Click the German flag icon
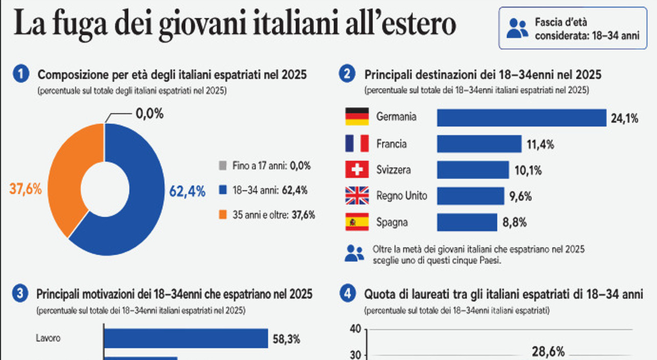(357, 117)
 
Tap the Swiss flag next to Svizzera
(357, 169)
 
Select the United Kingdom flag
(357, 195)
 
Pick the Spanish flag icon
(357, 222)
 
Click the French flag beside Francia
(357, 143)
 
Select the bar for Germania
(522, 118)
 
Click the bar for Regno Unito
(471, 196)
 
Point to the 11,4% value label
(540, 145)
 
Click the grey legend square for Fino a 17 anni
(223, 165)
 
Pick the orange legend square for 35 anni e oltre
(223, 215)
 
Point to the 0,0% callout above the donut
(149, 113)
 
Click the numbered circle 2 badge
(347, 74)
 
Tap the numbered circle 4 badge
(347, 294)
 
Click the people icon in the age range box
(517, 28)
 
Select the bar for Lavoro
(186, 338)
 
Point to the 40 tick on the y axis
(356, 329)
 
